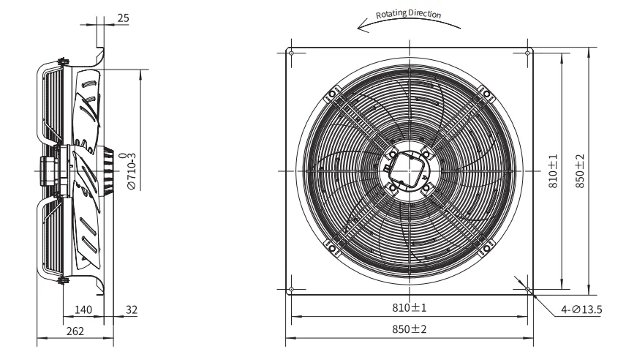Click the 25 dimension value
click(x=124, y=18)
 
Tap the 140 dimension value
click(x=83, y=310)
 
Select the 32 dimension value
click(x=132, y=310)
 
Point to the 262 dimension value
click(x=75, y=331)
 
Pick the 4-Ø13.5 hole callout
click(x=581, y=310)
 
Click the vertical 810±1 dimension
click(x=553, y=170)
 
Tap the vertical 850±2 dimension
click(x=580, y=170)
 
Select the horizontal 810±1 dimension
click(x=410, y=307)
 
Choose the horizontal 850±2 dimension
click(x=410, y=329)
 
